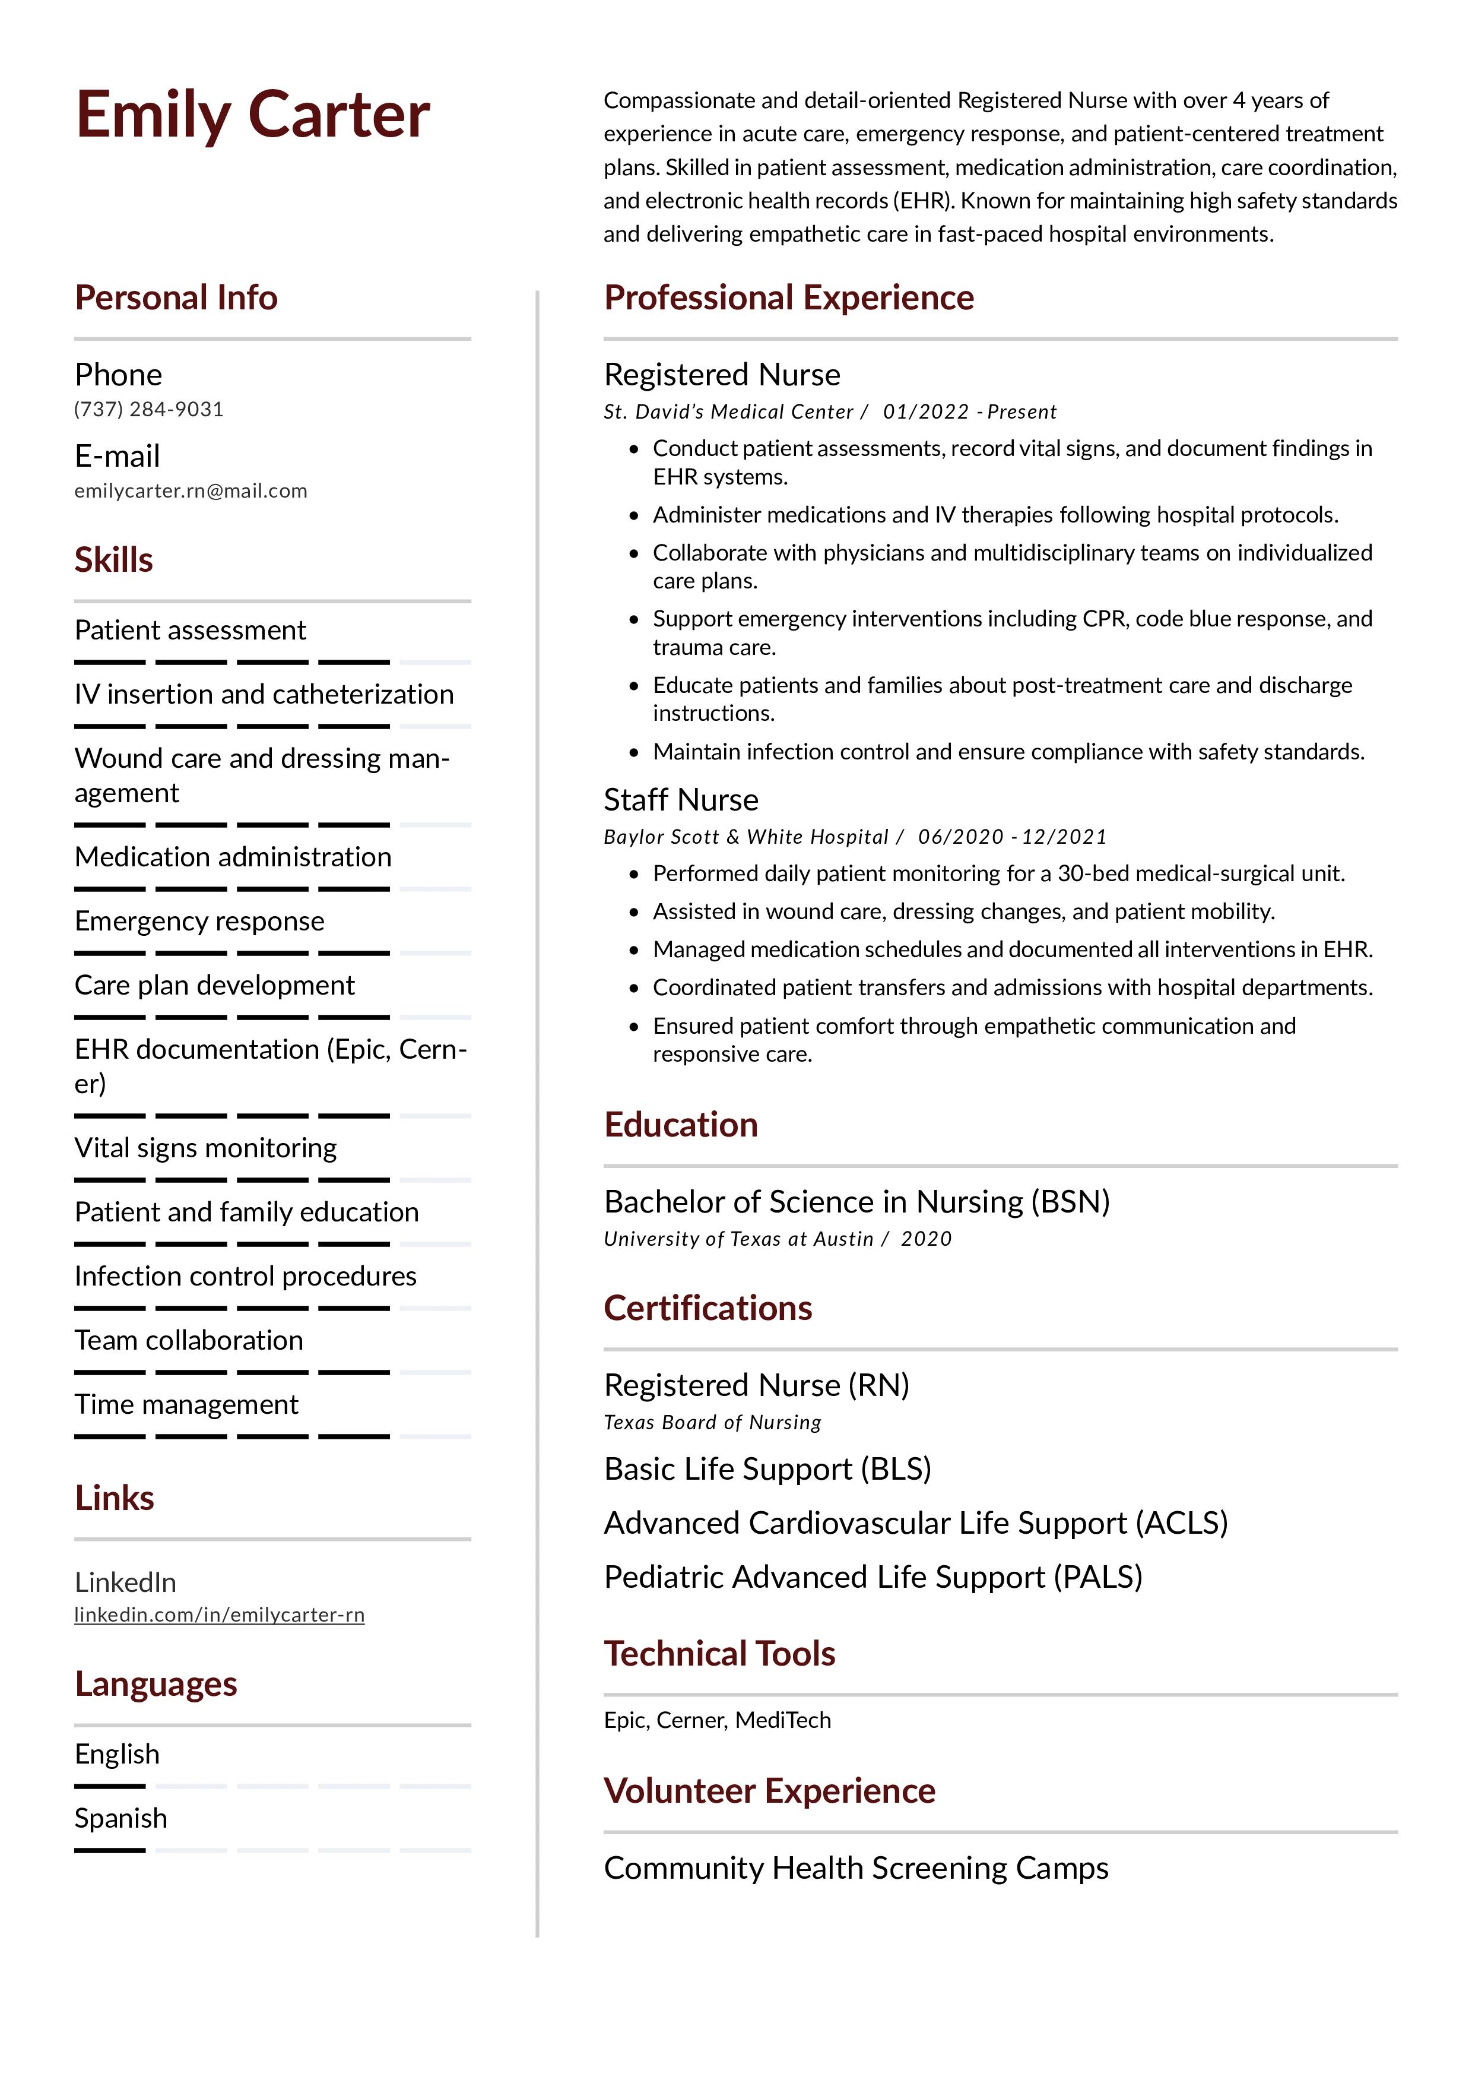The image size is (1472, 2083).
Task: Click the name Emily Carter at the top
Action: coord(252,115)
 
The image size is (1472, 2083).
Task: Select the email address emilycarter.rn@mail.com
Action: coord(191,491)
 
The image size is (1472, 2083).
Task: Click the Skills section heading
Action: coord(113,560)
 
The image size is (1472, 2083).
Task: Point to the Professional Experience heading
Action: coord(788,297)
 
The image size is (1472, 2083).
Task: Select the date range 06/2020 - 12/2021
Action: coord(1012,837)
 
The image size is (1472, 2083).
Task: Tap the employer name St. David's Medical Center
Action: coord(728,412)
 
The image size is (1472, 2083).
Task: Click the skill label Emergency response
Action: coord(199,921)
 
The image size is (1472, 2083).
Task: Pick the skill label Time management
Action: coord(186,1404)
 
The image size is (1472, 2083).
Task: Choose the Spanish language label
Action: coord(120,1818)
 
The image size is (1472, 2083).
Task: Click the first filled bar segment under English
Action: coord(110,1786)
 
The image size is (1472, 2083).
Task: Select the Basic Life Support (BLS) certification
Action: coord(767,1469)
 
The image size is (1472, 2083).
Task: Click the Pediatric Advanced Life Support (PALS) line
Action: coord(873,1577)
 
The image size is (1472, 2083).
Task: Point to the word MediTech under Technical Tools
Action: coord(783,1720)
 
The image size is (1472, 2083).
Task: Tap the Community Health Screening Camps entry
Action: coord(855,1868)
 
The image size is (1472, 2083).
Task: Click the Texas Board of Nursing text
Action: coord(712,1423)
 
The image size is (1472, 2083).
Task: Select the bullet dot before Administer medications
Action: coord(634,515)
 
